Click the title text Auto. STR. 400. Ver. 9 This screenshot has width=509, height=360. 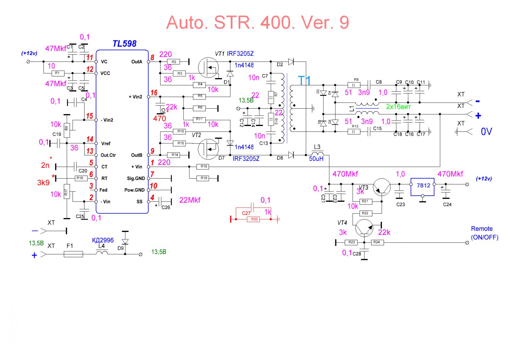(x=258, y=23)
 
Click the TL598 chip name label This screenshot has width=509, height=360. (x=124, y=44)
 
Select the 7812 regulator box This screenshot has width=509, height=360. (x=422, y=186)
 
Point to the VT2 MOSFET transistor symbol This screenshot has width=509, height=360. (x=208, y=149)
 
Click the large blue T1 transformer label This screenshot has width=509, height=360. (x=304, y=81)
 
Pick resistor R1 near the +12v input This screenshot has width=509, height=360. (x=57, y=73)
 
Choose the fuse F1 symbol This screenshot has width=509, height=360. (x=73, y=254)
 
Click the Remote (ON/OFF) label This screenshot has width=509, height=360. (x=484, y=233)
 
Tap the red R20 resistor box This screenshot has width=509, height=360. (x=254, y=219)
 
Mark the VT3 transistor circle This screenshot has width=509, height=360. (x=382, y=187)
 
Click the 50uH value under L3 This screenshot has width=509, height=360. (x=316, y=159)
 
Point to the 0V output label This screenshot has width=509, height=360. (x=486, y=131)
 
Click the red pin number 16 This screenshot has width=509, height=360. (x=154, y=93)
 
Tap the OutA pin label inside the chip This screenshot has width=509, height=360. (x=137, y=62)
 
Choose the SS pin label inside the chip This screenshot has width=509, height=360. (x=139, y=202)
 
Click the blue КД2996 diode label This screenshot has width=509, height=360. (x=103, y=240)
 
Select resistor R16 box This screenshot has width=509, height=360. (x=204, y=167)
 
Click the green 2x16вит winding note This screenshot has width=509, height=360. (x=398, y=107)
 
